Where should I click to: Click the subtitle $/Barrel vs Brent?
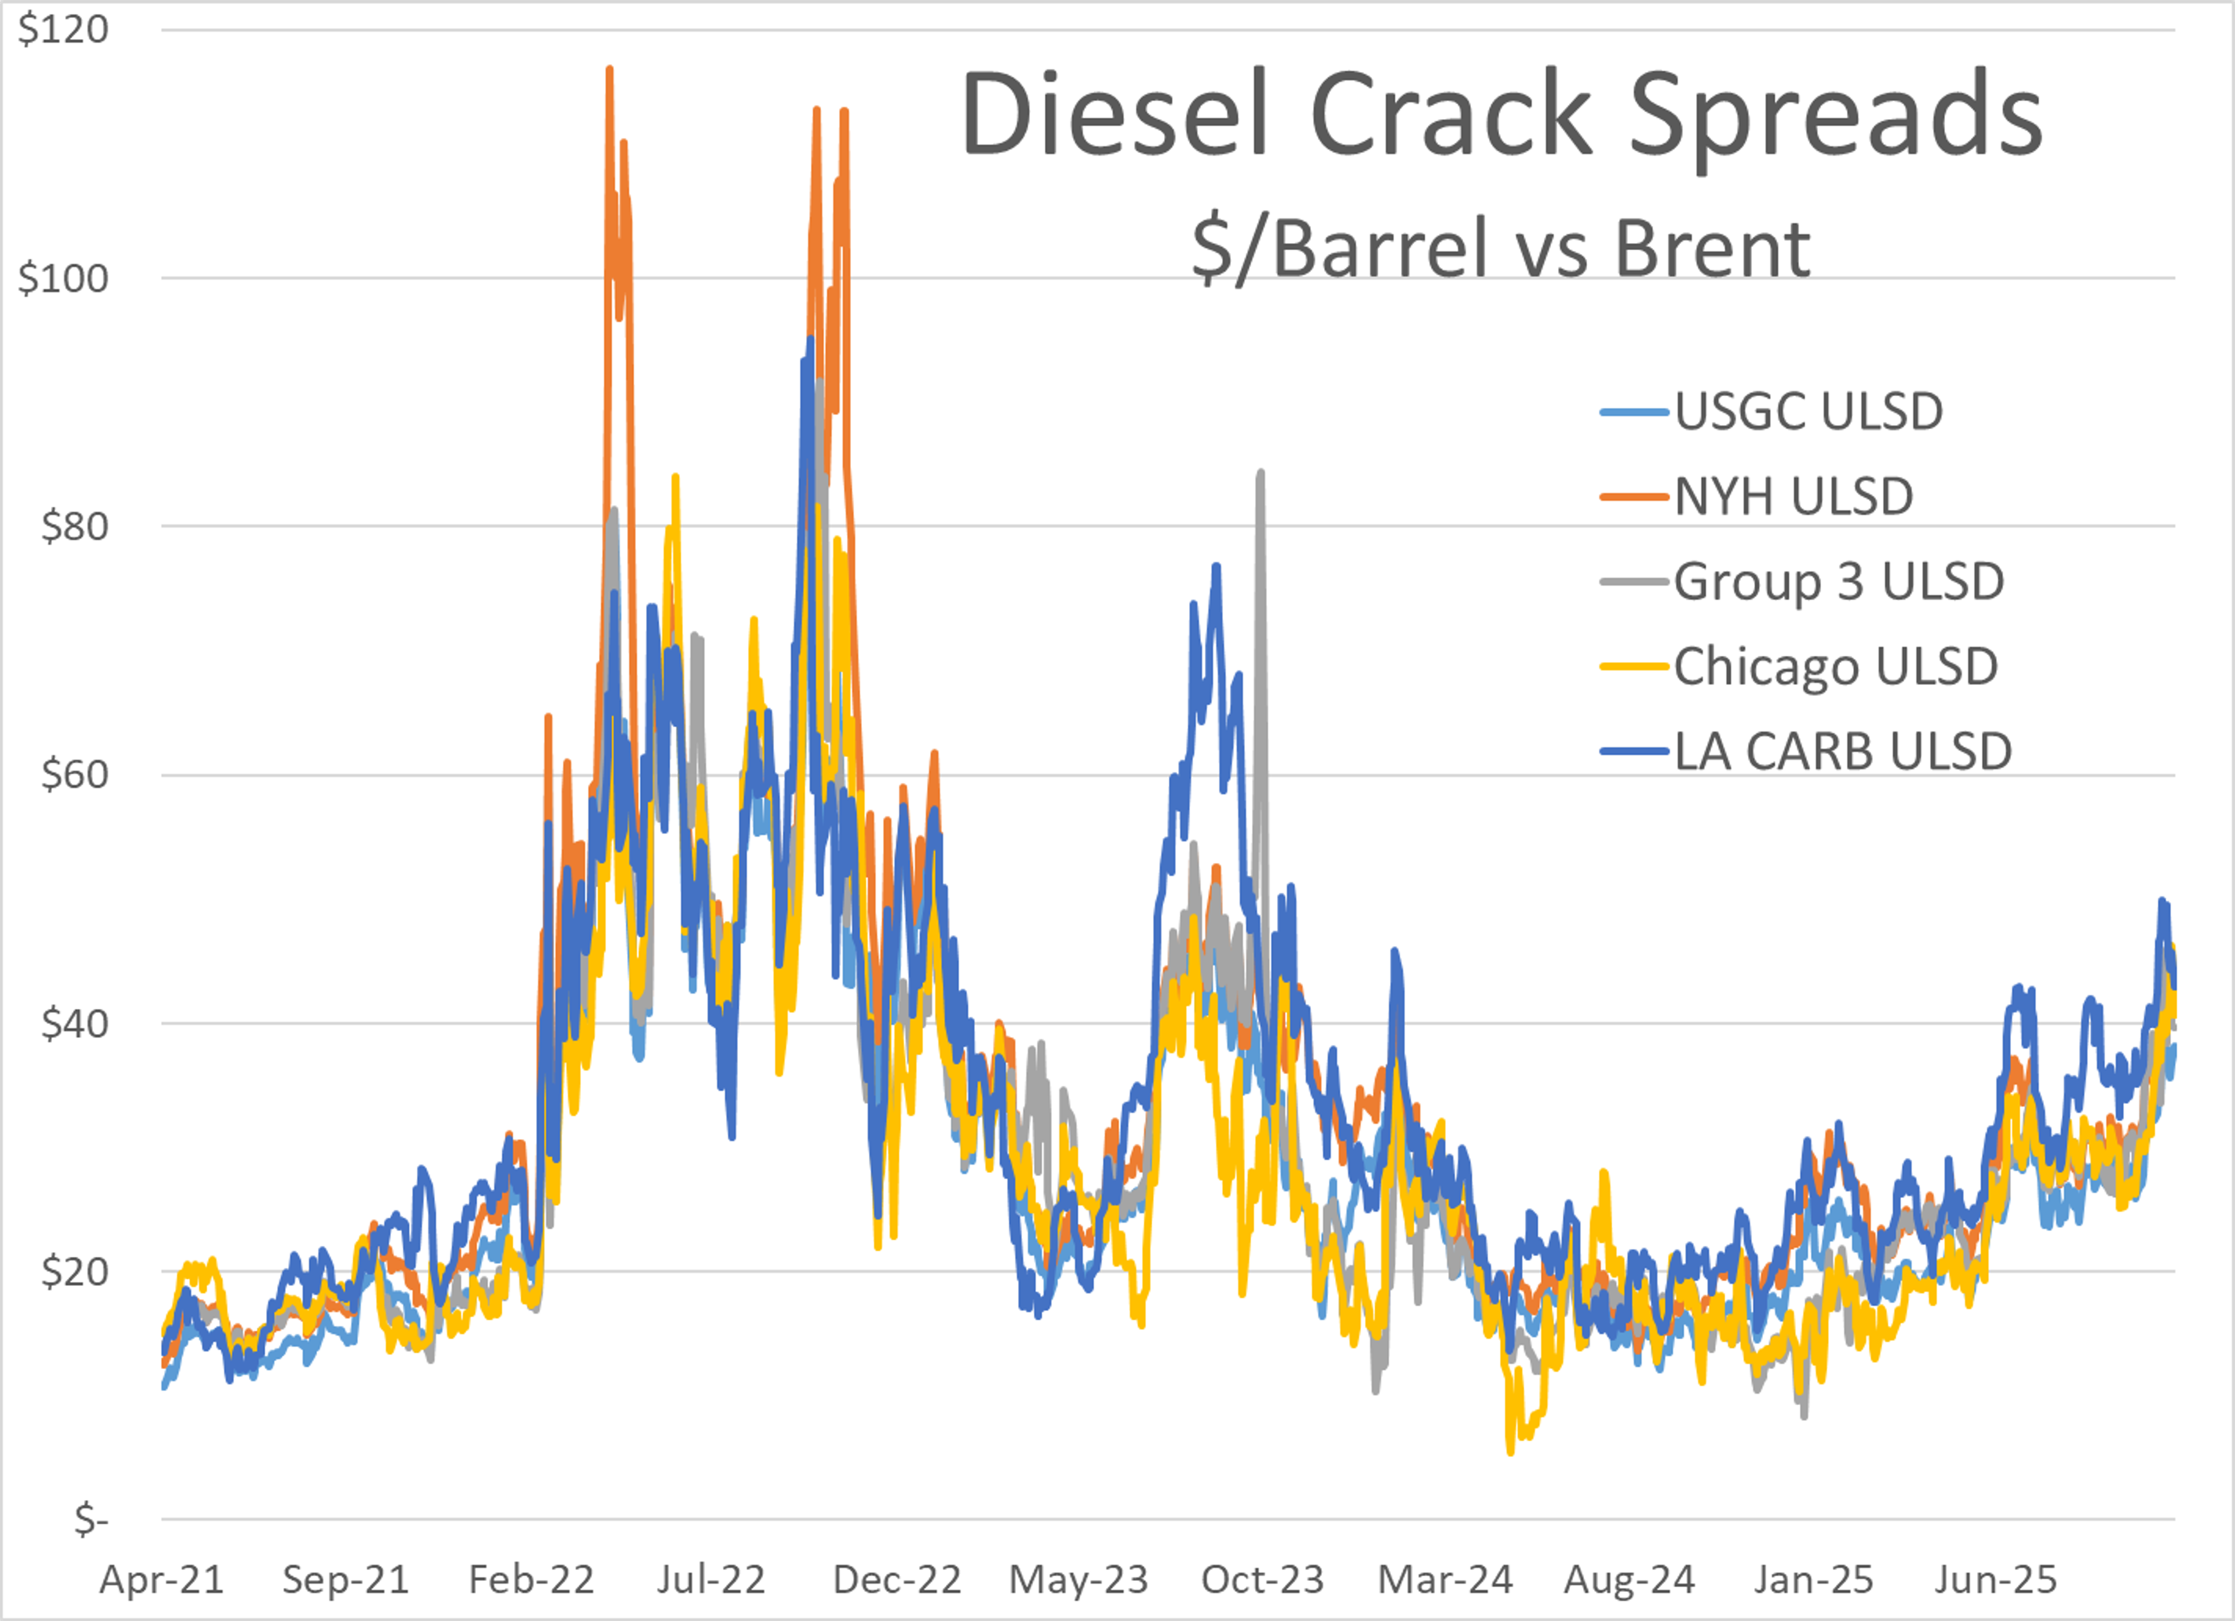coord(1501,248)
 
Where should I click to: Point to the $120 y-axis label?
coord(63,30)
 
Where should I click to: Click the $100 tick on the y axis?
coord(63,278)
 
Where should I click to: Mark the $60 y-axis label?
coord(74,774)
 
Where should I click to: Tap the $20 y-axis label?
coord(74,1271)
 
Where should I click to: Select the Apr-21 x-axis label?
coord(162,1580)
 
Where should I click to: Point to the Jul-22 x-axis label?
coord(711,1580)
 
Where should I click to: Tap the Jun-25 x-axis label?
coord(1996,1580)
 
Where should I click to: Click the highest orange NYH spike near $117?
coord(609,69)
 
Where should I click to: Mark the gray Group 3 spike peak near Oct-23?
coord(1261,473)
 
